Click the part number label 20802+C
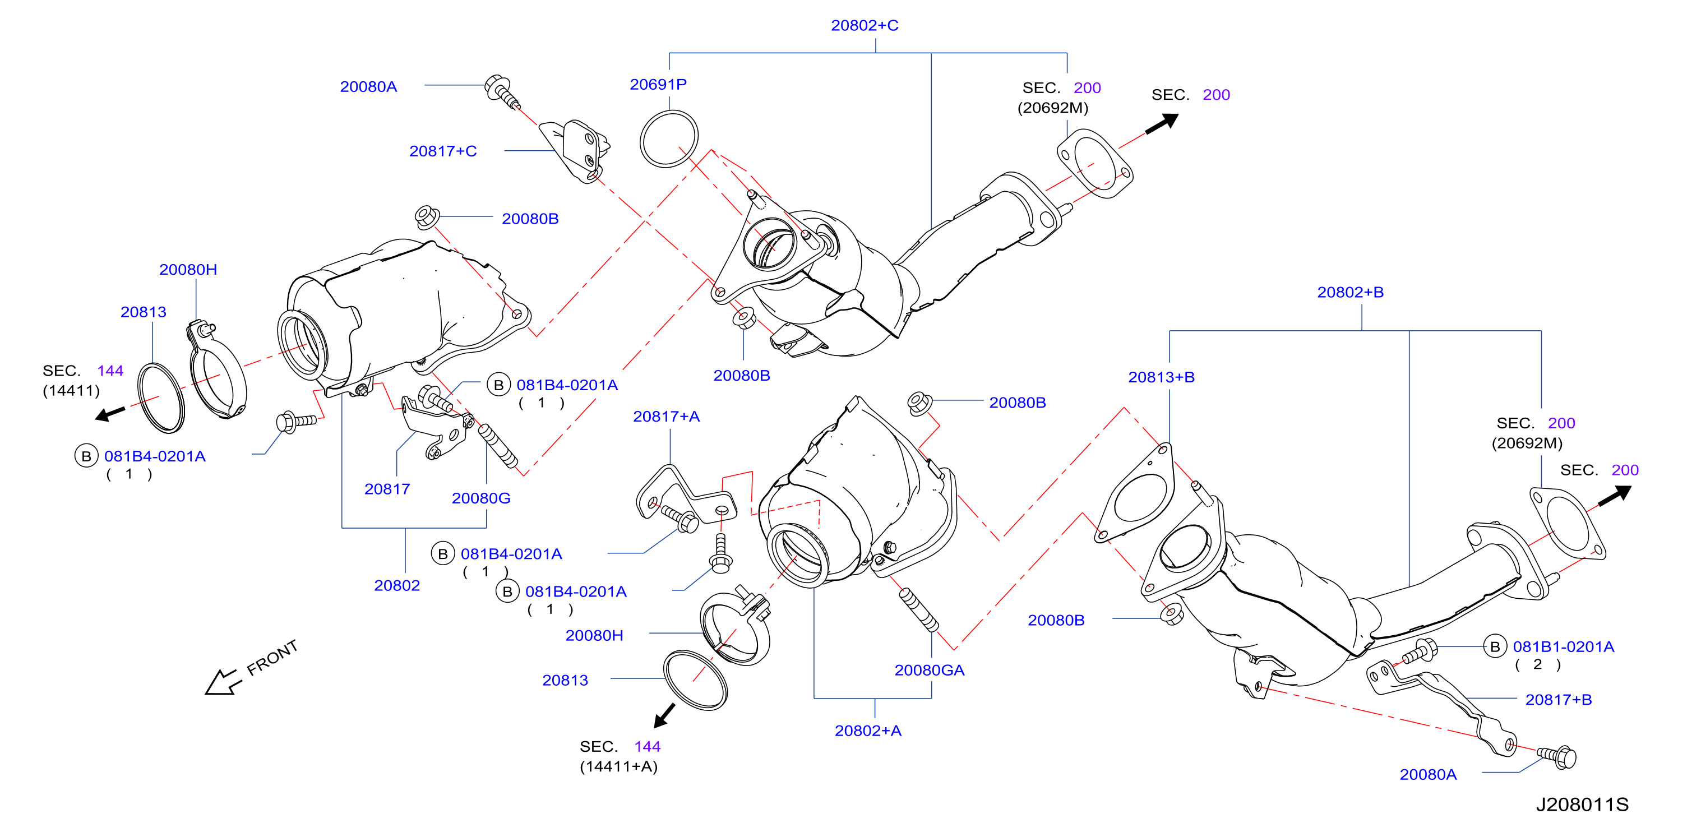[x=865, y=25]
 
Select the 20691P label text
[x=658, y=85]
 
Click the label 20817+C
[x=443, y=151]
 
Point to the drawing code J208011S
[x=1582, y=805]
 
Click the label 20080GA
[x=929, y=670]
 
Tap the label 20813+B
[x=1162, y=377]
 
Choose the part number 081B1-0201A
[x=1564, y=646]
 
